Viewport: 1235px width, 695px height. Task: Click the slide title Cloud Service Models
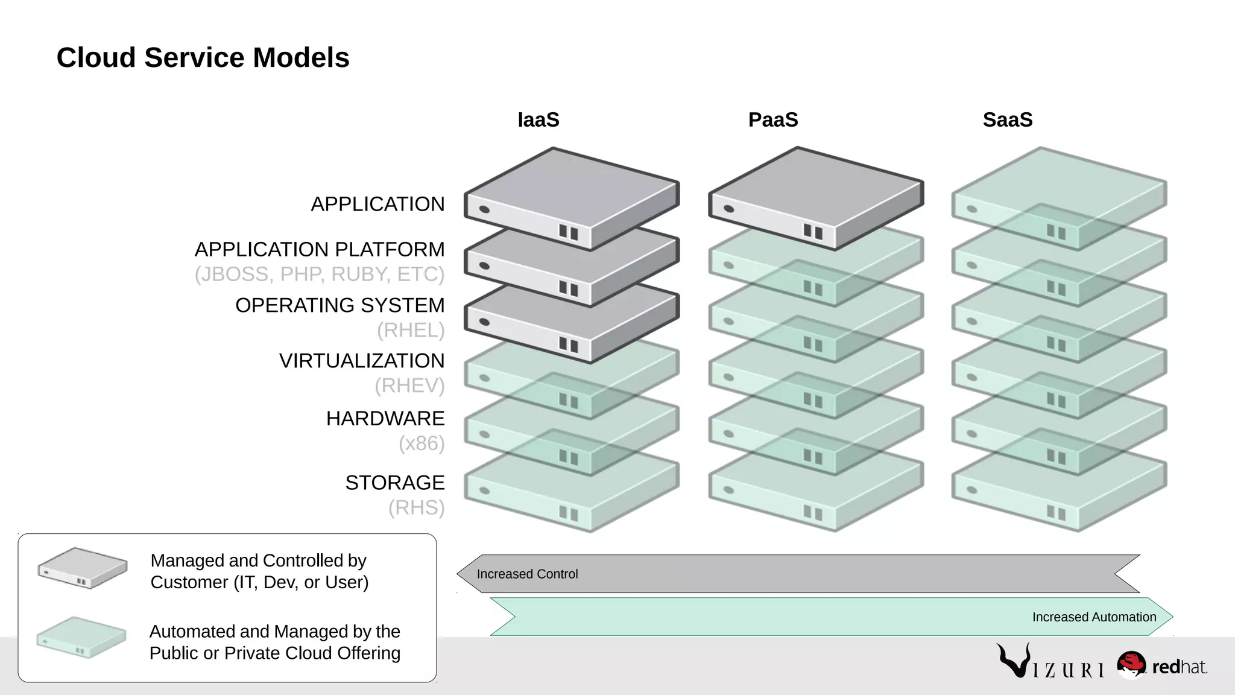tap(203, 58)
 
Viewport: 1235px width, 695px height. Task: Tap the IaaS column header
tap(539, 119)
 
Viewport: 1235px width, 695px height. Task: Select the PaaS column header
tap(773, 119)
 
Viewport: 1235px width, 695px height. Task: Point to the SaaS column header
tap(1008, 119)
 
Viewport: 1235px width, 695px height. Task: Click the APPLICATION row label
tap(377, 204)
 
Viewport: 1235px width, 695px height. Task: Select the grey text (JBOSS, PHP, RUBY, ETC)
tap(319, 274)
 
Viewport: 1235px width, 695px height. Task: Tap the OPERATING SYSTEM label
tap(340, 305)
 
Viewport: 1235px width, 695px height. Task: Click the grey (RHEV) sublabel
tap(409, 385)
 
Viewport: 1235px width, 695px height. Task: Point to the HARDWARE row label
tap(385, 418)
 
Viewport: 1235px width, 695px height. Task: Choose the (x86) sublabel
tap(422, 443)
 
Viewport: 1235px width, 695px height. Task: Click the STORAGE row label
tap(395, 483)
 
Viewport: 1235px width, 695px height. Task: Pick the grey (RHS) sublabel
tap(416, 507)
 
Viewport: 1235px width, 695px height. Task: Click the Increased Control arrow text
tap(527, 574)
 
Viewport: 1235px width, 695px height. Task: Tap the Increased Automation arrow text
tap(1094, 617)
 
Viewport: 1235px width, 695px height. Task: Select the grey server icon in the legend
tap(83, 568)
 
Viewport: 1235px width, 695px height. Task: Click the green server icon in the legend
tap(81, 637)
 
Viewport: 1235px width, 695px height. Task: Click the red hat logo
tap(1161, 666)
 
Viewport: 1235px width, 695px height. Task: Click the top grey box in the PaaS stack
tap(815, 196)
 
